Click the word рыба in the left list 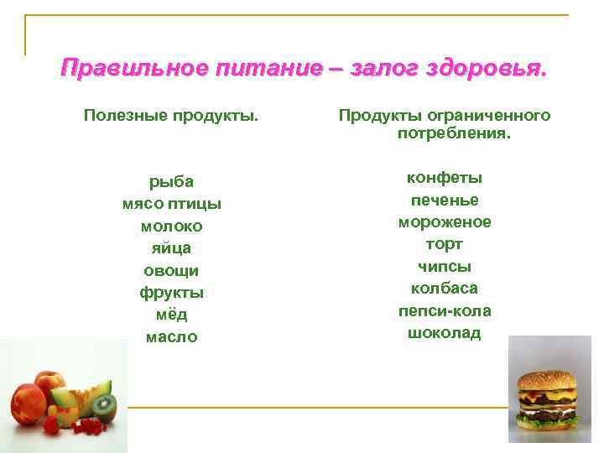click(x=171, y=181)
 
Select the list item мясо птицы click(x=171, y=204)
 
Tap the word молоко click(x=171, y=226)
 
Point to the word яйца click(x=171, y=248)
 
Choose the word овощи click(x=171, y=271)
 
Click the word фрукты click(x=171, y=293)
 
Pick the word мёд click(x=171, y=315)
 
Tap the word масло click(x=171, y=337)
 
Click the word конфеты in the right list click(x=445, y=178)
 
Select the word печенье click(x=445, y=200)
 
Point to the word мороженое click(x=445, y=222)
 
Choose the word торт click(x=445, y=244)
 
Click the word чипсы click(x=445, y=267)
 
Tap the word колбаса click(x=445, y=289)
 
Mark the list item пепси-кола click(x=445, y=311)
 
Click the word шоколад click(x=445, y=333)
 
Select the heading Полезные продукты click(x=171, y=115)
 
